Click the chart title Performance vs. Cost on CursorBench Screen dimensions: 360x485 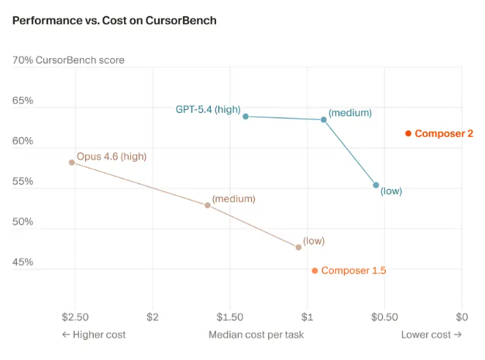click(115, 20)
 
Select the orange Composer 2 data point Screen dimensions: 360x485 click(408, 133)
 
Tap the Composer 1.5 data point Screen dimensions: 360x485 click(315, 270)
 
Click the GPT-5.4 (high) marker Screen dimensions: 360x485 click(246, 116)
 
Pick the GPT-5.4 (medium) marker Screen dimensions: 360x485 click(324, 119)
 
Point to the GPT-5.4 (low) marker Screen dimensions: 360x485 click(377, 185)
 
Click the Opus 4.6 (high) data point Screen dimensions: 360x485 click(72, 163)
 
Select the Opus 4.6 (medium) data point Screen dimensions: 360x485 click(208, 205)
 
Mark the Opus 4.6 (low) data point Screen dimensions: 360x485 click(298, 247)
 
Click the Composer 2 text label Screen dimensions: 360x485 click(444, 133)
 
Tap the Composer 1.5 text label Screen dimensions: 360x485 click(353, 270)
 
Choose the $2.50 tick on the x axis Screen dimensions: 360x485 click(75, 317)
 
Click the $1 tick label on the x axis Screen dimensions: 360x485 click(308, 317)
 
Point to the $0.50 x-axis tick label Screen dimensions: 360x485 click(384, 317)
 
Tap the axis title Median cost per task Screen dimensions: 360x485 click(256, 334)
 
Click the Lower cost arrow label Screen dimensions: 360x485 click(431, 334)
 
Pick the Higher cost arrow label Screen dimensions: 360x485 click(94, 334)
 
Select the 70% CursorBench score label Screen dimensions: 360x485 click(68, 60)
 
